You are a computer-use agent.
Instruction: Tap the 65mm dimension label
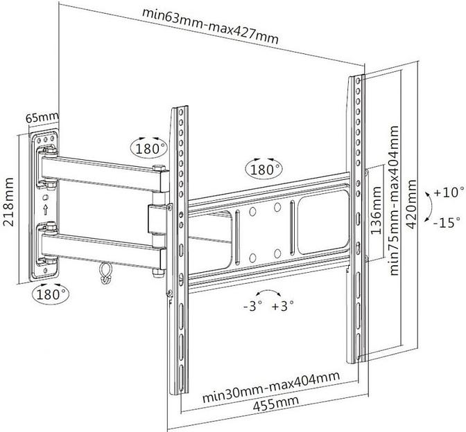(40, 118)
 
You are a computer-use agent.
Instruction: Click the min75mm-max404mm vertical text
(395, 201)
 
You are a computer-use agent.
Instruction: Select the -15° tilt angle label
(448, 223)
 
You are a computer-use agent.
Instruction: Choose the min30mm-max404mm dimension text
(271, 388)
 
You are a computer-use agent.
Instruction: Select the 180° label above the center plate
(265, 169)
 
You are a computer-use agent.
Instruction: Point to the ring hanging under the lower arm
(105, 271)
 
